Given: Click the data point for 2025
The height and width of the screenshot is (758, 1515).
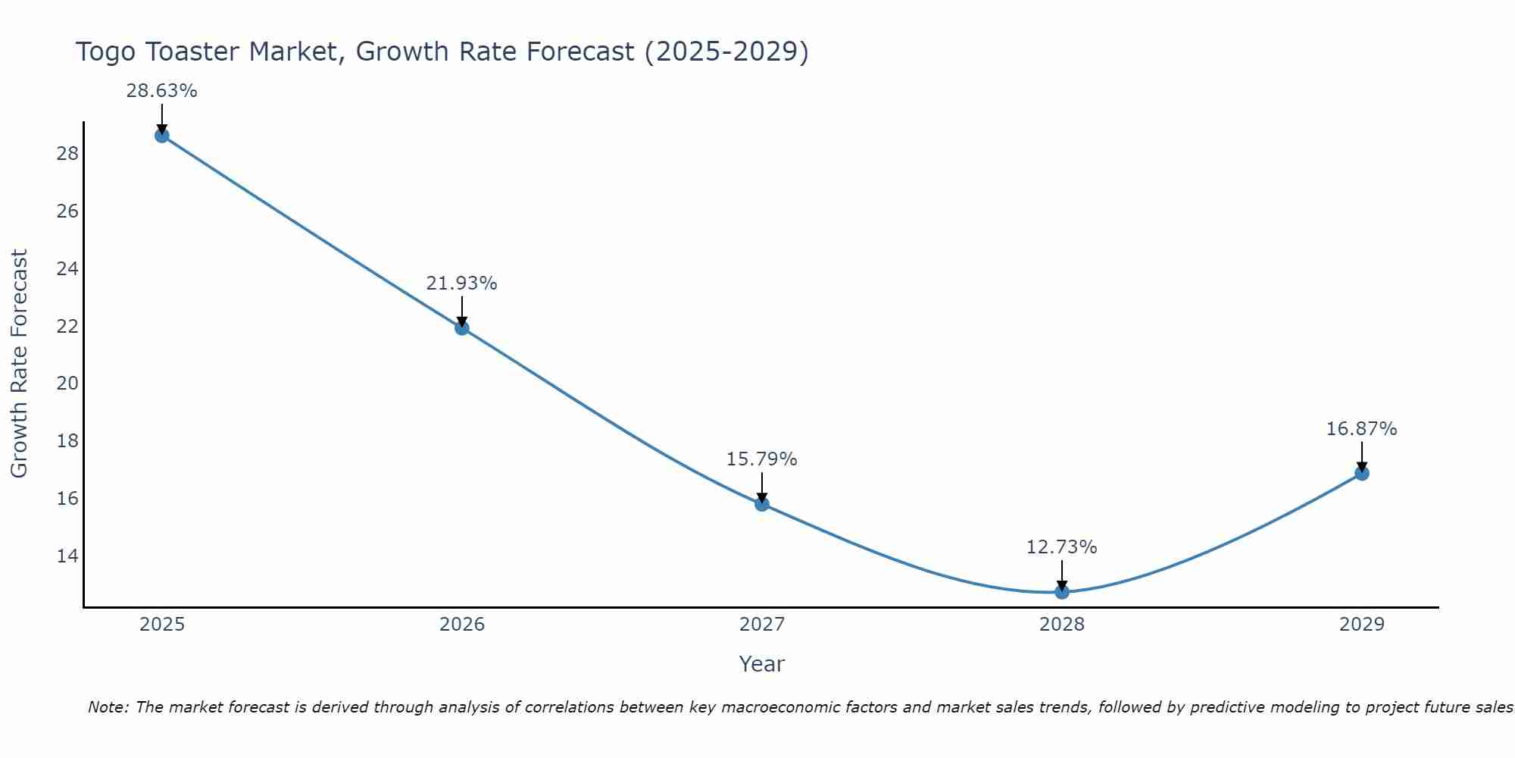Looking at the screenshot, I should pyautogui.click(x=162, y=136).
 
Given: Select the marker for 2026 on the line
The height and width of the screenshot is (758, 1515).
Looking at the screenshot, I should pyautogui.click(x=462, y=328).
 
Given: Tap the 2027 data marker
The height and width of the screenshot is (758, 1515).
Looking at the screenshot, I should pyautogui.click(x=762, y=504).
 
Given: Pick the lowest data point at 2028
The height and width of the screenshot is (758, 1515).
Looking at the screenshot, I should pyautogui.click(x=1062, y=592).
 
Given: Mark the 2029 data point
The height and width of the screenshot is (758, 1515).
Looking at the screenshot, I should pyautogui.click(x=1362, y=474).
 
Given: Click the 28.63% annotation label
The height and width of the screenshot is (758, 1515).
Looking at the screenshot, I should pyautogui.click(x=161, y=91).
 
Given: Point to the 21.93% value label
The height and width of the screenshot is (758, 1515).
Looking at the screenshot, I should pyautogui.click(x=461, y=283).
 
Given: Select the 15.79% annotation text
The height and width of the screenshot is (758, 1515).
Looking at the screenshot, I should pyautogui.click(x=761, y=459).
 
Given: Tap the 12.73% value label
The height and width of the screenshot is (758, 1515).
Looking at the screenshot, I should pyautogui.click(x=1061, y=547).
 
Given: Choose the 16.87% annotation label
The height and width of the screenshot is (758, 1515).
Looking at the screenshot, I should pyautogui.click(x=1361, y=429).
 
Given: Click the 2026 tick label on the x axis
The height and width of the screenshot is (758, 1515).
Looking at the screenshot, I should pyautogui.click(x=462, y=625).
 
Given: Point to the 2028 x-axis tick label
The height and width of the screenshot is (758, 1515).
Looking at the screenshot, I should pyautogui.click(x=1062, y=625).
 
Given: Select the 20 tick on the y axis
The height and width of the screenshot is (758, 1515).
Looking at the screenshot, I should pyautogui.click(x=67, y=384).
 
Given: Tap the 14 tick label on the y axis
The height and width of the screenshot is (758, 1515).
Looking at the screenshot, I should pyautogui.click(x=67, y=556).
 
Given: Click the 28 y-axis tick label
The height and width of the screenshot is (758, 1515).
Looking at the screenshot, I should pyautogui.click(x=67, y=154).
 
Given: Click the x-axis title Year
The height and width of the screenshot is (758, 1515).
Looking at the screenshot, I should pyautogui.click(x=762, y=664).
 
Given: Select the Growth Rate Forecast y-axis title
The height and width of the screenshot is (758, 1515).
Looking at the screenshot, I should pyautogui.click(x=19, y=364).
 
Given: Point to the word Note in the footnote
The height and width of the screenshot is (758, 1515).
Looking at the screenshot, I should pyautogui.click(x=108, y=707).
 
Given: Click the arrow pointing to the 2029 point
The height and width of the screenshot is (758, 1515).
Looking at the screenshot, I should pyautogui.click(x=1362, y=456).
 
